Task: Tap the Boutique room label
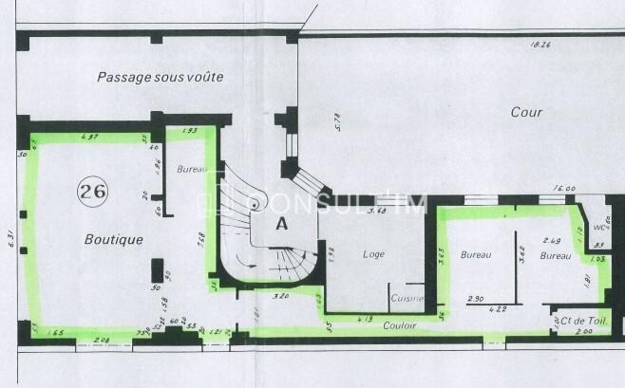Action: pos(113,240)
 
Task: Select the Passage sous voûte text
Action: pos(160,77)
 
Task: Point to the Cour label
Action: pos(526,112)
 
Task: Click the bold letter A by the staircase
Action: pos(281,225)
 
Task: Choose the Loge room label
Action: pos(373,254)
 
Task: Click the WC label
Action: pos(599,228)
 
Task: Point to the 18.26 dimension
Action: pos(541,44)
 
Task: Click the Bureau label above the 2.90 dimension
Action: pos(475,255)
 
